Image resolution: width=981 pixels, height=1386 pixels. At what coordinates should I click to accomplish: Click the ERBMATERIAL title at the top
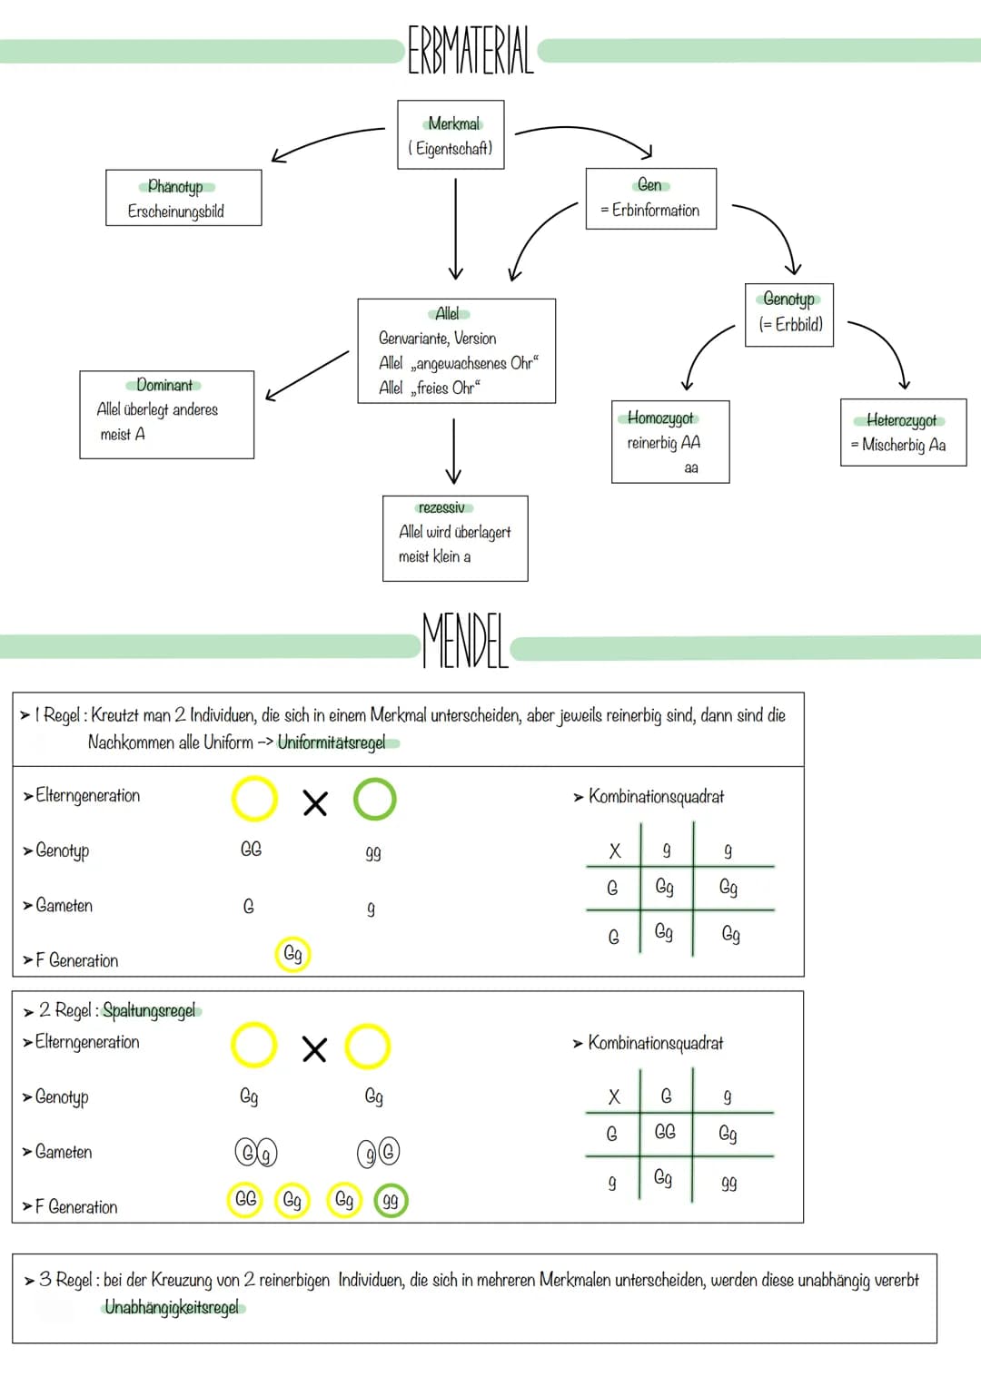point(471,50)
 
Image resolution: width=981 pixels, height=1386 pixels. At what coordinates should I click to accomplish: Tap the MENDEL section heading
point(465,641)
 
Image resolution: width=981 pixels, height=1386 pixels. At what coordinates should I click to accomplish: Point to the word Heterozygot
point(901,421)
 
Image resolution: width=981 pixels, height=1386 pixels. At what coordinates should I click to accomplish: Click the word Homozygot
point(660,418)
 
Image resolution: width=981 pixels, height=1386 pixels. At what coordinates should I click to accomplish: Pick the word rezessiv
point(441,507)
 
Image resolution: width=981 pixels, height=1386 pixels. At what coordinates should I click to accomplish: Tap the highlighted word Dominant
point(164,385)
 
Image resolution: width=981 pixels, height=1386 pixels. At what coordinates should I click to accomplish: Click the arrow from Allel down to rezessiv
point(453,451)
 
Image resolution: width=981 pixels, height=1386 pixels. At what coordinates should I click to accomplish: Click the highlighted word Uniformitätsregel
point(332,742)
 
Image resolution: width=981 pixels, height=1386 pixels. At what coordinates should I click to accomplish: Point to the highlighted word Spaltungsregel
point(149,1010)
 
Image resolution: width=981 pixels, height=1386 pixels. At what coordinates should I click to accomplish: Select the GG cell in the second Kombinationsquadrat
point(665,1132)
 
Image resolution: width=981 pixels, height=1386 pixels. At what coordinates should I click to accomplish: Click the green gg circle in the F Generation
point(391,1200)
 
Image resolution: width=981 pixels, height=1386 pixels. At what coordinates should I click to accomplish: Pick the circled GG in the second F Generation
point(245,1200)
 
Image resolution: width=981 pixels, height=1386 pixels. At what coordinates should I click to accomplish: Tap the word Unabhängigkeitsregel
point(172,1307)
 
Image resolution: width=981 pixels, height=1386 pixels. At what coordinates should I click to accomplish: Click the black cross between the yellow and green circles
point(315,803)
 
